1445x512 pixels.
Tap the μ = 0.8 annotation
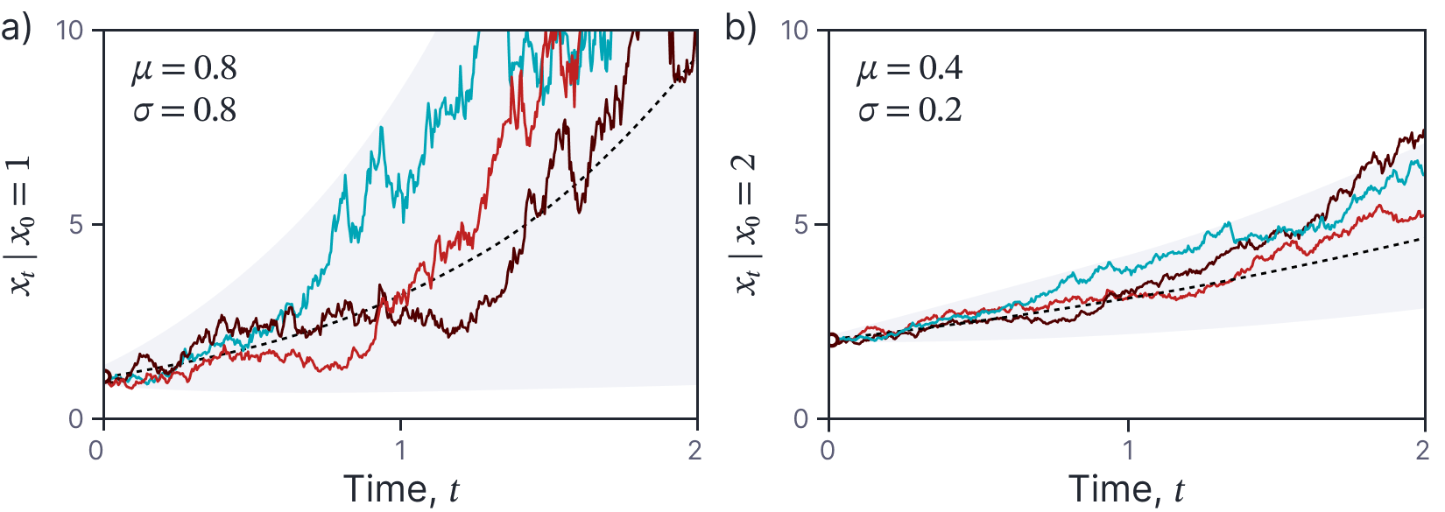185,69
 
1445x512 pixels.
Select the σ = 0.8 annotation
185,110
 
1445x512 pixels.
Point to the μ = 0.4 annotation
910,69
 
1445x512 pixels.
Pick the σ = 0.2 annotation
910,110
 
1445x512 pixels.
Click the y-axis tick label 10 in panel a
70,31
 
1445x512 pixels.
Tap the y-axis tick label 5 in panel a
76,225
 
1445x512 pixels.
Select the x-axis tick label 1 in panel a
401,450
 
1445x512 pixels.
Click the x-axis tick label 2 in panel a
694,450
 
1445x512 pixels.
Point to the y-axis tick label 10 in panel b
794,31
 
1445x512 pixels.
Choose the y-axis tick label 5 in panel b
800,225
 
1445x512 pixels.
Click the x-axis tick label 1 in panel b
1128,450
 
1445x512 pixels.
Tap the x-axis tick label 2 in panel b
1421,450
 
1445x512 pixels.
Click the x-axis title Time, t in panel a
401,488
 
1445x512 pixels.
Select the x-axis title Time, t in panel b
1126,488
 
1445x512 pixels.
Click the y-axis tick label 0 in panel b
800,420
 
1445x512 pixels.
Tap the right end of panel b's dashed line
1422,237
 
